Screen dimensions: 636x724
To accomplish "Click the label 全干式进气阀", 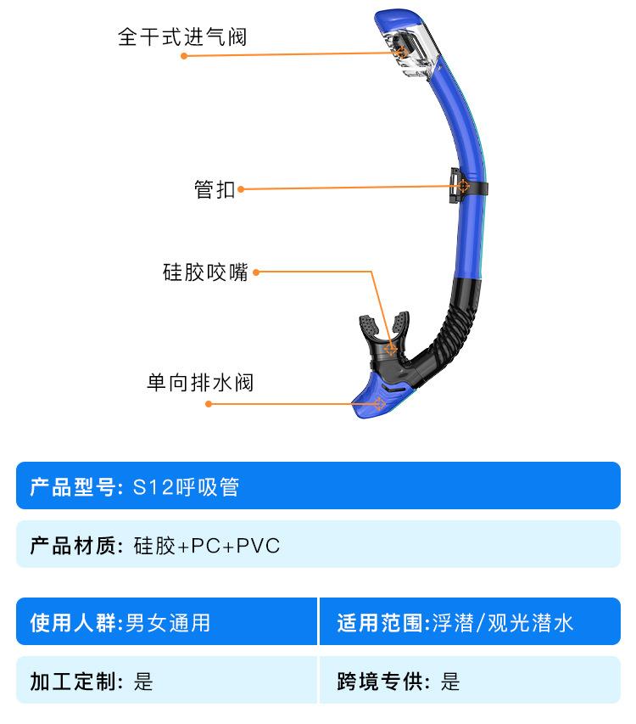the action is click(182, 38).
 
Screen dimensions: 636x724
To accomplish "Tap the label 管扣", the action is click(215, 189).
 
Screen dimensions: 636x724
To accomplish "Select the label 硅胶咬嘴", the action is click(205, 272).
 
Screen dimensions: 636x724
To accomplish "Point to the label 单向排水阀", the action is click(200, 383).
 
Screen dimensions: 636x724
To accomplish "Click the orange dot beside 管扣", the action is click(241, 189).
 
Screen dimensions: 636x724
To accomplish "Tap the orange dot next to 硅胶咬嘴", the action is click(256, 272).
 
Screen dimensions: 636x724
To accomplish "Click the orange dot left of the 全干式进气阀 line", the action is click(183, 56).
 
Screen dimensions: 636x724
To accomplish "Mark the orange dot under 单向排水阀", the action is click(209, 404).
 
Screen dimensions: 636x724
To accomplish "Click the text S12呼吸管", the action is click(186, 487).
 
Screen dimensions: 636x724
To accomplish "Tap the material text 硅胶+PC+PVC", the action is click(206, 545).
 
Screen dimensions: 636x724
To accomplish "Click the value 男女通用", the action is click(167, 624).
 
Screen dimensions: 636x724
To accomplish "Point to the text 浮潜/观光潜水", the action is click(502, 624).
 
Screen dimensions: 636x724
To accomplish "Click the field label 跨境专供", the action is click(378, 681).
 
